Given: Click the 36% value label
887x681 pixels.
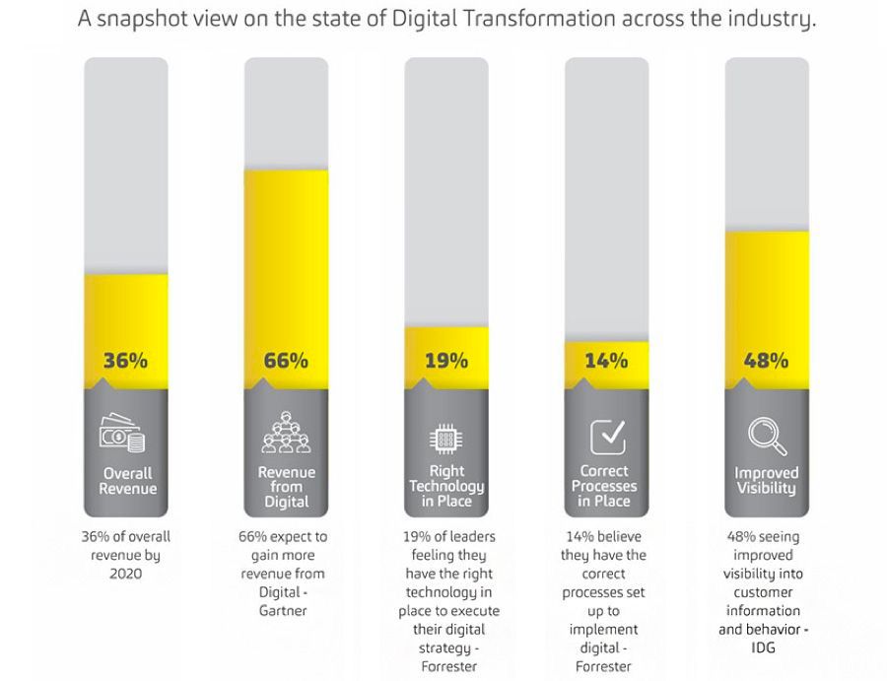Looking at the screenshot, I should coord(125,361).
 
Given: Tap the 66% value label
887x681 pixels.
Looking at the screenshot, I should coord(286,361).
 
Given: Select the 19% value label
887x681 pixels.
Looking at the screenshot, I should coord(445,361).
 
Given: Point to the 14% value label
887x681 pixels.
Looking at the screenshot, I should coord(606,361).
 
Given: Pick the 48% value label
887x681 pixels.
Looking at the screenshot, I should coord(766,361).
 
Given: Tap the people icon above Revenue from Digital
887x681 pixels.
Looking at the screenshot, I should coord(286,432).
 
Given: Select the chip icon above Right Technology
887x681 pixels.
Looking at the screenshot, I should coord(444,437).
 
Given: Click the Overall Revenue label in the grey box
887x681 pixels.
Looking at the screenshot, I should coord(128,481).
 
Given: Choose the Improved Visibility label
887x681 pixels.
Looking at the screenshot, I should coord(766,481).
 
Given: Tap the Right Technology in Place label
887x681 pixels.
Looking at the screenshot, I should coord(446,486).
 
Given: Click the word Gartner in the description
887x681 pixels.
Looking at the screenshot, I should coord(286,611).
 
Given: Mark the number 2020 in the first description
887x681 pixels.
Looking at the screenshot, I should coord(125,574).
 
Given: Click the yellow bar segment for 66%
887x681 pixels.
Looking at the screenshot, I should coord(286,256).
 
